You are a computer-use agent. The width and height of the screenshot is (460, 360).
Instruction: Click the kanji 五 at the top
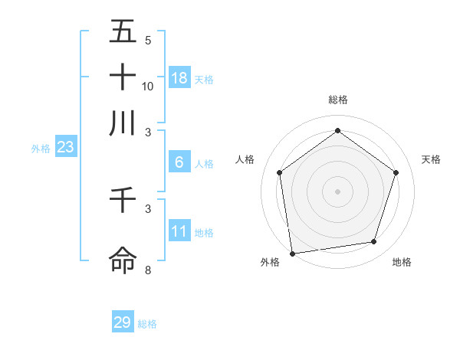coord(123,31)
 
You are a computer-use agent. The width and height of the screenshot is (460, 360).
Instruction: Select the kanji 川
coord(123,123)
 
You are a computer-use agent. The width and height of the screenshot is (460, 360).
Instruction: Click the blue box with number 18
coord(179,78)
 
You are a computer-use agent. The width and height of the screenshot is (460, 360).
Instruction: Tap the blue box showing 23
coord(65,148)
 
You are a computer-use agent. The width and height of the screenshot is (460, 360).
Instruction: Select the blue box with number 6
coord(179,162)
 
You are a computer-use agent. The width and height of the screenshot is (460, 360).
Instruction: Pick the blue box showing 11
coord(179,231)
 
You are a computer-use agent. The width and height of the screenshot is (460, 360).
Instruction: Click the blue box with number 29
coord(123,322)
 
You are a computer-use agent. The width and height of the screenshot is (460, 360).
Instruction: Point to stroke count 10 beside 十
coord(148,87)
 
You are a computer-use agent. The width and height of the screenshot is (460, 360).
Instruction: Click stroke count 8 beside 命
coord(148,270)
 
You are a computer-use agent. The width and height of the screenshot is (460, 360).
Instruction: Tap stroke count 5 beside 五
coord(148,41)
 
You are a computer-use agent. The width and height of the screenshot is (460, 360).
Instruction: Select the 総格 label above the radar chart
coord(338,100)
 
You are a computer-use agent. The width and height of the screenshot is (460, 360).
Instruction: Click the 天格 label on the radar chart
coord(432,159)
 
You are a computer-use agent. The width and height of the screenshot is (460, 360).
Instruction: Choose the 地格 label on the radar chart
coord(402,263)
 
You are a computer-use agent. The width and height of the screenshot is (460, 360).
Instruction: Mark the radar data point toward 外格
coord(292,253)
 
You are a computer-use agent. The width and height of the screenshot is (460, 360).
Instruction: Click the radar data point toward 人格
coord(279,172)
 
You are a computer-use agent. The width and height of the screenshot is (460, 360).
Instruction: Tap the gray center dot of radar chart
coord(338,191)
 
